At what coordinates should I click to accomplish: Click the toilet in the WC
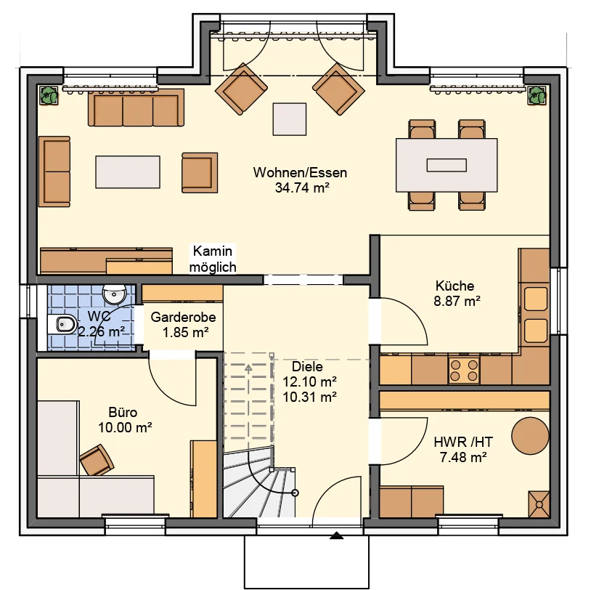click(62, 323)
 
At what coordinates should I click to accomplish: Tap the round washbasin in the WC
click(114, 294)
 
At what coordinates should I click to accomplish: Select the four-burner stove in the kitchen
click(464, 370)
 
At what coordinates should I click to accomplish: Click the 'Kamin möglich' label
click(213, 259)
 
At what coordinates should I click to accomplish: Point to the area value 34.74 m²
click(302, 187)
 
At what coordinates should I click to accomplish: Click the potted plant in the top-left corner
click(49, 95)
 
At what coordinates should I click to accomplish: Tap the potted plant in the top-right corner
click(537, 95)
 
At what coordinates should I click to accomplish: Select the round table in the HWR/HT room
click(530, 436)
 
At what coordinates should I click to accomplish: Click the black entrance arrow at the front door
click(337, 535)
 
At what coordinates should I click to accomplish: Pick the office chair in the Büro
click(97, 460)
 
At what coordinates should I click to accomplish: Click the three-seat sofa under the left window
click(136, 108)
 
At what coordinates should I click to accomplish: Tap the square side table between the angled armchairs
click(290, 119)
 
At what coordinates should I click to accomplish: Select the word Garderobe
click(183, 317)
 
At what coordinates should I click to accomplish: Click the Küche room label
click(455, 286)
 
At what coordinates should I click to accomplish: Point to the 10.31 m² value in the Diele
click(309, 397)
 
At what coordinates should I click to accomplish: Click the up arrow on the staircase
click(248, 369)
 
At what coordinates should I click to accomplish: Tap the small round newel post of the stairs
click(295, 493)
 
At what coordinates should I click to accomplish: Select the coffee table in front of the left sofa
click(128, 172)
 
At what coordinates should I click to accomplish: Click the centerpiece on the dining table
click(447, 165)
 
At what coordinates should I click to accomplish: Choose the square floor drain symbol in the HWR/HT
click(539, 504)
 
